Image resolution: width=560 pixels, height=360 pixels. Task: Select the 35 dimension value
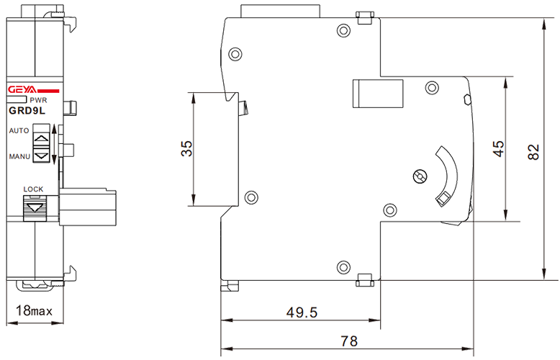(186, 148)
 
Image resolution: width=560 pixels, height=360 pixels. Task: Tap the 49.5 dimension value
(301, 313)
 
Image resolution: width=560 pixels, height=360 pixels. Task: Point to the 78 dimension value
(350, 340)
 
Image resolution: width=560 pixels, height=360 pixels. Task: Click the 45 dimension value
(498, 146)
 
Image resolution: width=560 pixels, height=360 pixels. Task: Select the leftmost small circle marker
(250, 197)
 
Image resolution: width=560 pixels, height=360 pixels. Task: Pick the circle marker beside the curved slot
(420, 175)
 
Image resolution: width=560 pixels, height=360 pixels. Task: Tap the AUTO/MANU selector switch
(41, 143)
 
